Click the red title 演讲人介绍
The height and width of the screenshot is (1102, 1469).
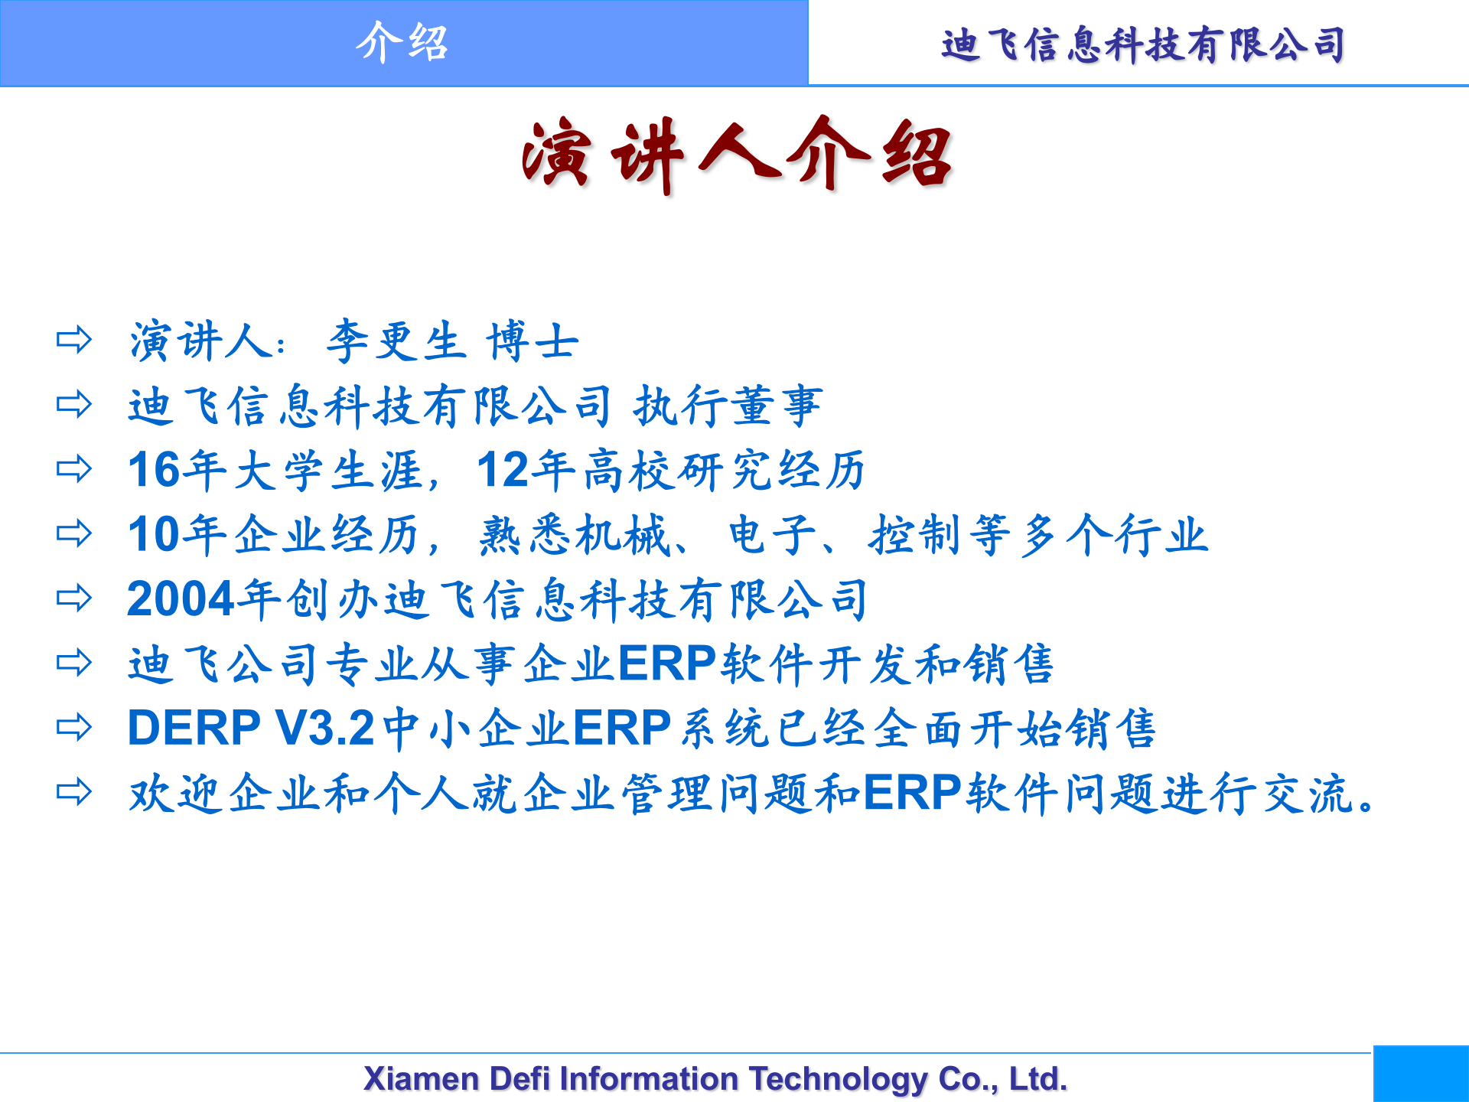[736, 155]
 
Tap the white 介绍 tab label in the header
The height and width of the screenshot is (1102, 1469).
[402, 43]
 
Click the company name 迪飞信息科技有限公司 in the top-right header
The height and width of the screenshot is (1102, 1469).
[1143, 44]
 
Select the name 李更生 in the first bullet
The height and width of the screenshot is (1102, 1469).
[396, 341]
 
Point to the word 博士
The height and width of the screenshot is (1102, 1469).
[533, 341]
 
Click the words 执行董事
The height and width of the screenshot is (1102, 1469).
[728, 406]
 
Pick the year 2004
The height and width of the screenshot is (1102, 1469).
[181, 598]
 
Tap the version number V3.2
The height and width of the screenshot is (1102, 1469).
[325, 728]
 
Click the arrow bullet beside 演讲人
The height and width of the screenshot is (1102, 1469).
[74, 340]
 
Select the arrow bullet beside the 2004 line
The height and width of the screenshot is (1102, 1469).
[74, 598]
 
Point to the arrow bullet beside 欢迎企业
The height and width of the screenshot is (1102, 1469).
[74, 791]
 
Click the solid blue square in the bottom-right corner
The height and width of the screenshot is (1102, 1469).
[1421, 1074]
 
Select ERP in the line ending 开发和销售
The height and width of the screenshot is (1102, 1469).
[666, 663]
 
